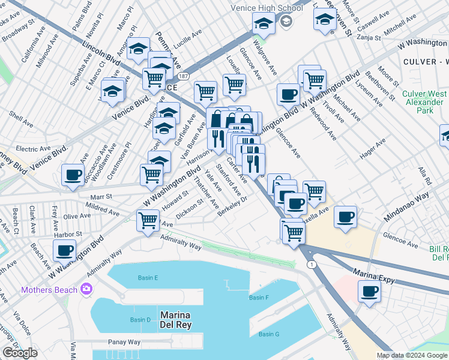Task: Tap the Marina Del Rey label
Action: [x=175, y=320]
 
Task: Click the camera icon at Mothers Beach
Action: [x=87, y=290]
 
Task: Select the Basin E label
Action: [x=148, y=278]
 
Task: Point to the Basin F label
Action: [x=259, y=298]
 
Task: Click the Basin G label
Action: [x=270, y=334]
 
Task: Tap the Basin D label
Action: [x=140, y=319]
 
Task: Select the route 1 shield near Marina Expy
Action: [x=311, y=264]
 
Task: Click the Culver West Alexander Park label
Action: [x=424, y=102]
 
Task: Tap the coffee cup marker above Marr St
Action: [x=73, y=175]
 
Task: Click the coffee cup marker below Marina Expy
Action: [x=369, y=292]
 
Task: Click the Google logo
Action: [x=20, y=353]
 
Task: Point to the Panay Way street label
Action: [x=124, y=342]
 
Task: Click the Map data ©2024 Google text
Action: [x=412, y=355]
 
